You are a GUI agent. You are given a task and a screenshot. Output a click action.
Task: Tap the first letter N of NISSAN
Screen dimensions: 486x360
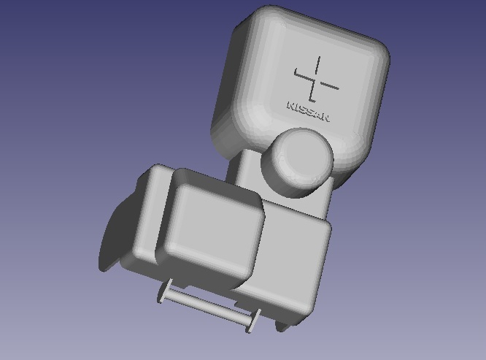(x=291, y=105)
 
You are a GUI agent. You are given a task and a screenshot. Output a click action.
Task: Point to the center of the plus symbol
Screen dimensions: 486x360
(x=315, y=80)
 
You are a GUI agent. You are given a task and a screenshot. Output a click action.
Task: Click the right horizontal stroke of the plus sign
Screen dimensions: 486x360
(x=328, y=85)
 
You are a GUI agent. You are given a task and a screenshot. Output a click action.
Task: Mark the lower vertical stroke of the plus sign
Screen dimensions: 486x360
(x=312, y=92)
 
